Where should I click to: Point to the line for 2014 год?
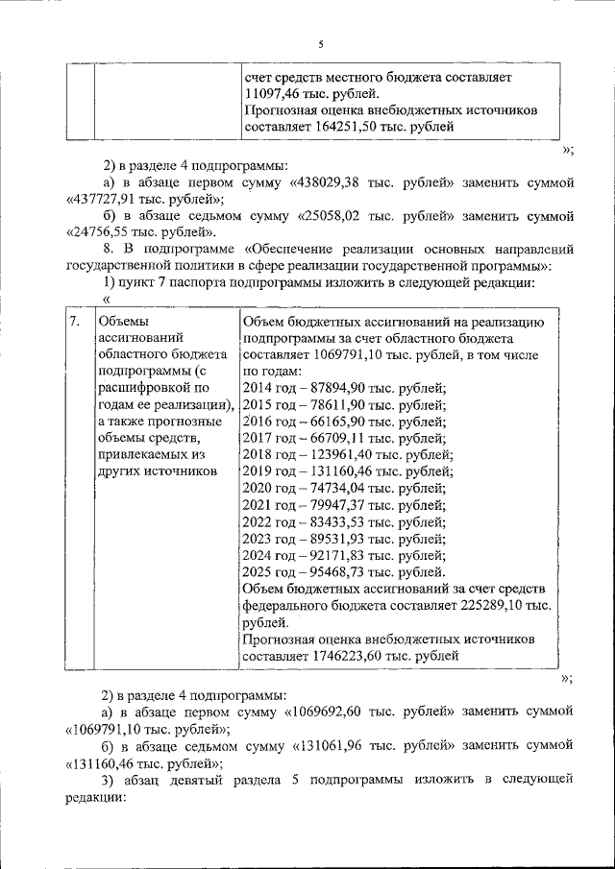tap(345, 388)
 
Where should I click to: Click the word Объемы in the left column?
tap(124, 322)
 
